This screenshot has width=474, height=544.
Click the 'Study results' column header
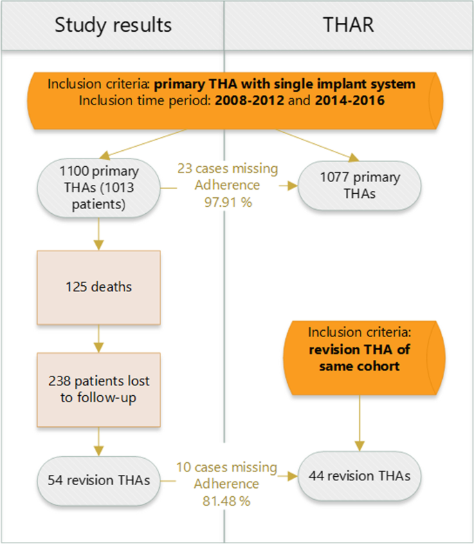tap(113, 26)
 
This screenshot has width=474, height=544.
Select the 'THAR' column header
tap(349, 26)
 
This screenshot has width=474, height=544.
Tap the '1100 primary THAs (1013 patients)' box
tap(98, 186)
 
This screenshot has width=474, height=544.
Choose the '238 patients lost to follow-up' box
tap(100, 390)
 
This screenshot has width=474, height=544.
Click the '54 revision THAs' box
tap(100, 478)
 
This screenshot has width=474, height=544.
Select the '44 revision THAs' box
tap(358, 476)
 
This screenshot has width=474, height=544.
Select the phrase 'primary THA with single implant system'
tap(284, 84)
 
